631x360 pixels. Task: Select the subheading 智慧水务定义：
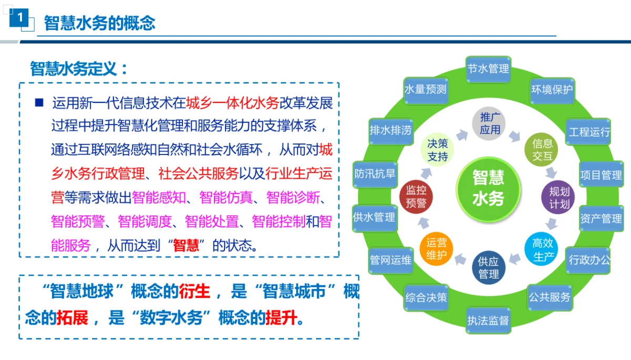(79, 69)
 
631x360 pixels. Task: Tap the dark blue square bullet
(39, 102)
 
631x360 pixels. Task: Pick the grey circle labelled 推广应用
(490, 123)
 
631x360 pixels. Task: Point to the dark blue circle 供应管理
(488, 268)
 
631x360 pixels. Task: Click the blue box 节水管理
(488, 69)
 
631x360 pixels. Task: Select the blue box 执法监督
(488, 321)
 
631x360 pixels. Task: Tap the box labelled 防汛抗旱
(374, 173)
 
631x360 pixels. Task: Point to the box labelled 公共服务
(549, 297)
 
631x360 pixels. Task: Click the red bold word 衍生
(195, 291)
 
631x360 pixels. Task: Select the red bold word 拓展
(72, 318)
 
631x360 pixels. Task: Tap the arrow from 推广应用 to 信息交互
(514, 136)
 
